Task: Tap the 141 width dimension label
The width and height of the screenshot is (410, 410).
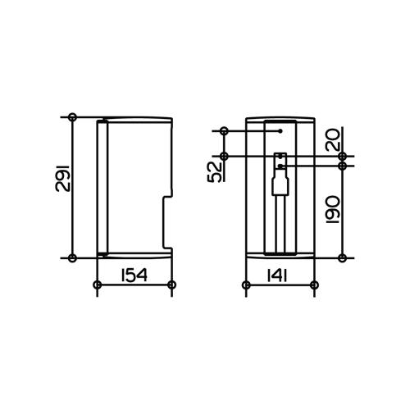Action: (x=277, y=274)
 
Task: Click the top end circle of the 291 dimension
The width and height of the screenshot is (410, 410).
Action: (x=73, y=117)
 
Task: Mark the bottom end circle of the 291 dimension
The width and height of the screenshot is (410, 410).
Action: (x=73, y=258)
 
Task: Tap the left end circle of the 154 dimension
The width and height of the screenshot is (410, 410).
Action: (x=98, y=285)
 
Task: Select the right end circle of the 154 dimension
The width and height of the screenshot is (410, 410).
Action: (x=171, y=285)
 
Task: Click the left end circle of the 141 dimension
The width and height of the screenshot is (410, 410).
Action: (x=246, y=285)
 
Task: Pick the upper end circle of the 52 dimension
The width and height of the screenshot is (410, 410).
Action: (x=222, y=130)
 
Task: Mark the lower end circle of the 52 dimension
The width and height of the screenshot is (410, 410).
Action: (x=222, y=156)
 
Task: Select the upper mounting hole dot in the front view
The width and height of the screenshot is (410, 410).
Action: (x=280, y=130)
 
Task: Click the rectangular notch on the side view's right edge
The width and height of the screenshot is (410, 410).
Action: (x=168, y=221)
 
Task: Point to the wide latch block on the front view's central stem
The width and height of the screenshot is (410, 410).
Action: (x=280, y=186)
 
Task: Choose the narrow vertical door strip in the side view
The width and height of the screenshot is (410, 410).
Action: (x=102, y=187)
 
